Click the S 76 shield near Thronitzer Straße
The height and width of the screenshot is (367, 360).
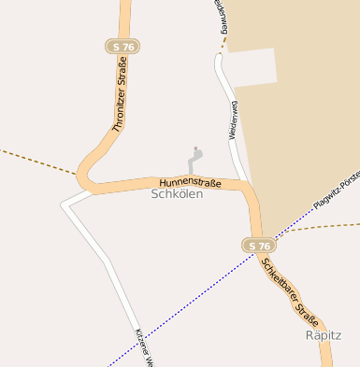click(x=122, y=47)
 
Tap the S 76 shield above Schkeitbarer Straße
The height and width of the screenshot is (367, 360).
click(x=257, y=245)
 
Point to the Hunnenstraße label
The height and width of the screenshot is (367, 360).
click(x=190, y=183)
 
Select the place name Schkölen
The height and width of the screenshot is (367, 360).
click(x=177, y=194)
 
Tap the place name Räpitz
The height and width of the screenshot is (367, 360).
click(x=324, y=334)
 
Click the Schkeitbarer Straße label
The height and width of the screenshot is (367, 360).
click(x=290, y=289)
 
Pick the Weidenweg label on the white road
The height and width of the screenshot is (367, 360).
click(x=233, y=121)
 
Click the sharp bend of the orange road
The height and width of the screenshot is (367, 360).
click(x=82, y=172)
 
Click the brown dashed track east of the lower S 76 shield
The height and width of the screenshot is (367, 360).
click(x=318, y=228)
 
